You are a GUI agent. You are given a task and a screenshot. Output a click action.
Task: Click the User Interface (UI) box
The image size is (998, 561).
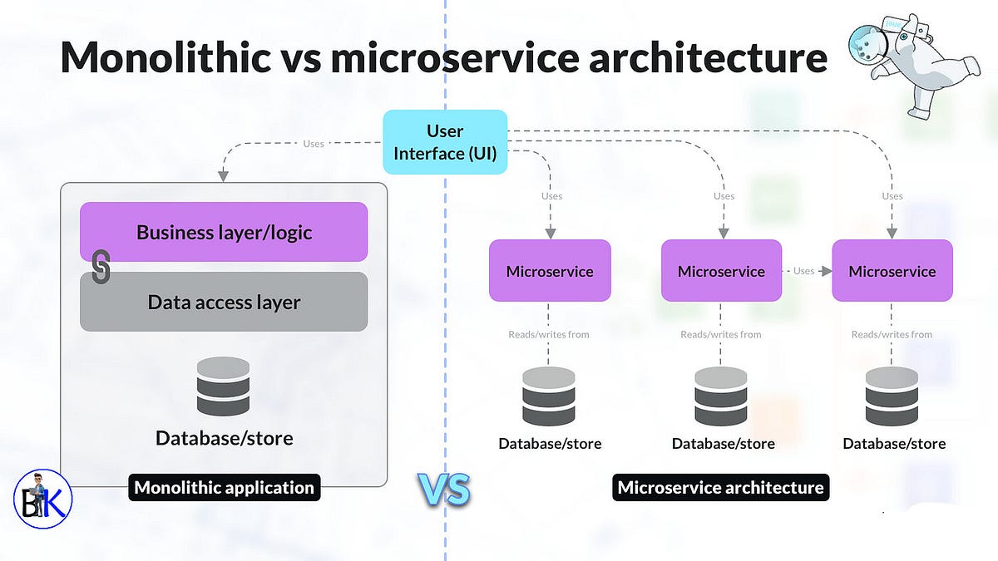[x=445, y=142]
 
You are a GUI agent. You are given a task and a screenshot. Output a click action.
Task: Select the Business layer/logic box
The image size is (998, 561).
[x=224, y=232]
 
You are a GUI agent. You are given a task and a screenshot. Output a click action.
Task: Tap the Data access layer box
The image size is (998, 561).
[x=224, y=303]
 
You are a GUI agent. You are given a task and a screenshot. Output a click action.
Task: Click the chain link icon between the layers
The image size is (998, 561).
[x=101, y=268]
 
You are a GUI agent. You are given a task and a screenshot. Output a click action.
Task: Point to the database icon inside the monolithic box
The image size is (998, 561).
[x=224, y=386]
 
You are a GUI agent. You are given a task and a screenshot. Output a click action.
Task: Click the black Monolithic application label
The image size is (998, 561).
[x=224, y=487]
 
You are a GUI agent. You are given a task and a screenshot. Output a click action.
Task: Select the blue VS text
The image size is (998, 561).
[x=443, y=490]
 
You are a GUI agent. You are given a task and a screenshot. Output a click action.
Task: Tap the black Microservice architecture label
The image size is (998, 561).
[x=720, y=487]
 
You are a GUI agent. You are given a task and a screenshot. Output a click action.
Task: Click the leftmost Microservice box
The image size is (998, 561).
[x=550, y=271]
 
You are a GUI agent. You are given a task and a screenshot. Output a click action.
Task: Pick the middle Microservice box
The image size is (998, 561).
[x=721, y=271]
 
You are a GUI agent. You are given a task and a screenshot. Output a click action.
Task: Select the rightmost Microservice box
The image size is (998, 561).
[x=892, y=271]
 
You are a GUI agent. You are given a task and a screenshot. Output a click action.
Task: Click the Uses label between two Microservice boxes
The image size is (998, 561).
[x=803, y=271]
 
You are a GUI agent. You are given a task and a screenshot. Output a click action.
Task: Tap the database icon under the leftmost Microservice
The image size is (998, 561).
[x=549, y=396]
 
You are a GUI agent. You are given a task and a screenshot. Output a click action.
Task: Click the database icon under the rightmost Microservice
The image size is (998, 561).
[x=892, y=396]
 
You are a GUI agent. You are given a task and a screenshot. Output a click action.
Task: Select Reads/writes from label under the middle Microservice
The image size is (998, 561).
[x=721, y=334]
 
